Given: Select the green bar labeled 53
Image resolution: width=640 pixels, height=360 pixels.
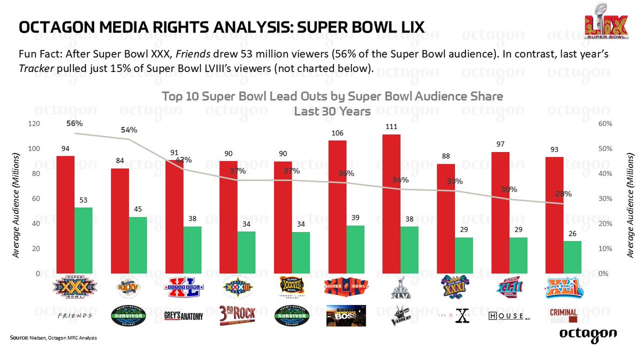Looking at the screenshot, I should click(83, 241).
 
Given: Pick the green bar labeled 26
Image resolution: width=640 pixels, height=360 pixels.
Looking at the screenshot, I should click(572, 257).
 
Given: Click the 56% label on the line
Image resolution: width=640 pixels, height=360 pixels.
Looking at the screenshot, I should click(75, 123).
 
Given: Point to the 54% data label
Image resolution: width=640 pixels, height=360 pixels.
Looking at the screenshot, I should click(129, 130).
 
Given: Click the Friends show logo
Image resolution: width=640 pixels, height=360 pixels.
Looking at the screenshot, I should click(74, 316).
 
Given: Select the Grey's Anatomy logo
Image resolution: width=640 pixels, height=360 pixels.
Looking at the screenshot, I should click(183, 316).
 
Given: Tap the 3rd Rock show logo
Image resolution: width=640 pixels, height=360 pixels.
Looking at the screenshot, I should click(237, 315).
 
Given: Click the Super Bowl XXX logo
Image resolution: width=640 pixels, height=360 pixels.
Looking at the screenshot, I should click(74, 288).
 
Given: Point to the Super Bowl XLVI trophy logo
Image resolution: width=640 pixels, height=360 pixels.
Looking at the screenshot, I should click(400, 288).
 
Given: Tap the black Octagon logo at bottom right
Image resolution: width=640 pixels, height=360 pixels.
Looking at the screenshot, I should click(588, 334).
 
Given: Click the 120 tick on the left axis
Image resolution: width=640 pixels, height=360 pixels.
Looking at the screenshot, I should click(34, 124).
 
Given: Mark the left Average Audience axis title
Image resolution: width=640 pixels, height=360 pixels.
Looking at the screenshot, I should click(17, 206).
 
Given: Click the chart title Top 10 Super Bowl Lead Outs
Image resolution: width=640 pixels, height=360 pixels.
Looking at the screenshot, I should click(332, 97).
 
